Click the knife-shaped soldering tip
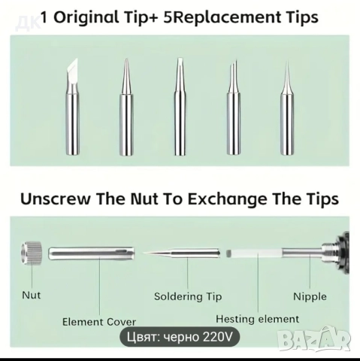(73, 108)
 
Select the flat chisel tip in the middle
(180, 107)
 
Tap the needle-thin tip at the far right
(287, 108)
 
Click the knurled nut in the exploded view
(32, 253)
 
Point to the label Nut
(32, 295)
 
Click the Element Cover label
(99, 322)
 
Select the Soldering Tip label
(188, 296)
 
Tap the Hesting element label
(258, 319)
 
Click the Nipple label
(310, 297)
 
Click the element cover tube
(92, 253)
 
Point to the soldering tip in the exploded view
(182, 253)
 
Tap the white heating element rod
(254, 253)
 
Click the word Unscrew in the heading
(56, 199)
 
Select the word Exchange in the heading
(228, 199)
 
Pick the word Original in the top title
(86, 17)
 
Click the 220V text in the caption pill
(217, 337)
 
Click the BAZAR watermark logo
(314, 339)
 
